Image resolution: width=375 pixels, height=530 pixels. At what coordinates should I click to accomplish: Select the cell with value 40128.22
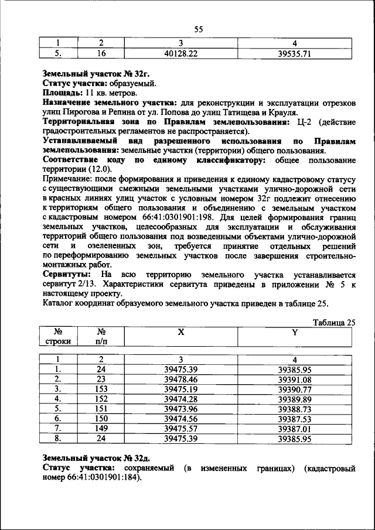pos(180,54)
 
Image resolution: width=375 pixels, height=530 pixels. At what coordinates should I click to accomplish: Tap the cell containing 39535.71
pos(294,54)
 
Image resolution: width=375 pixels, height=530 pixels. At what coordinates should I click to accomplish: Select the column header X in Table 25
pos(181,332)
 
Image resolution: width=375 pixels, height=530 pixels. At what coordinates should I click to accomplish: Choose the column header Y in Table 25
pos(295,332)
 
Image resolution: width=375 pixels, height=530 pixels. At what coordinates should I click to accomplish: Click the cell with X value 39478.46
pos(180,379)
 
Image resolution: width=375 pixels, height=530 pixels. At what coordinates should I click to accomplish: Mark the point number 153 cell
pos(101,389)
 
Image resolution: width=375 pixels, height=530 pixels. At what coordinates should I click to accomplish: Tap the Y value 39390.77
pos(294,389)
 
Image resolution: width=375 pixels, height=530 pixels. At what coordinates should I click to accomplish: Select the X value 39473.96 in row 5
pos(180,408)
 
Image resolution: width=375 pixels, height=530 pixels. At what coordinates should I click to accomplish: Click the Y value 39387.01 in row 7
pos(294,428)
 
